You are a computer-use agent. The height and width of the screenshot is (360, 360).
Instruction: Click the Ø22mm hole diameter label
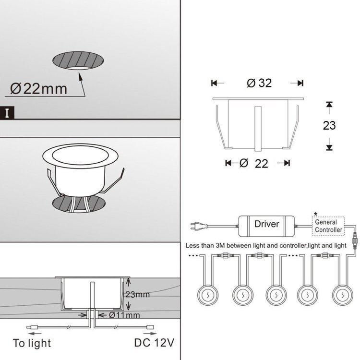(38, 89)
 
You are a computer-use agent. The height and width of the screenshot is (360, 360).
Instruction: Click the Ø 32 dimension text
(259, 83)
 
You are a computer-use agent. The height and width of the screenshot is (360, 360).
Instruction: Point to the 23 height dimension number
(329, 126)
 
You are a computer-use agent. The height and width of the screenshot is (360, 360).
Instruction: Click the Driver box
(267, 224)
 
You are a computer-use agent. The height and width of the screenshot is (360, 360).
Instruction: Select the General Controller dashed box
(329, 226)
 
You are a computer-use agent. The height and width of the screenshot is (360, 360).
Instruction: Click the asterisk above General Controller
(315, 213)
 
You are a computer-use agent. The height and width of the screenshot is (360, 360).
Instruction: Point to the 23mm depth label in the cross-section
(137, 294)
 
